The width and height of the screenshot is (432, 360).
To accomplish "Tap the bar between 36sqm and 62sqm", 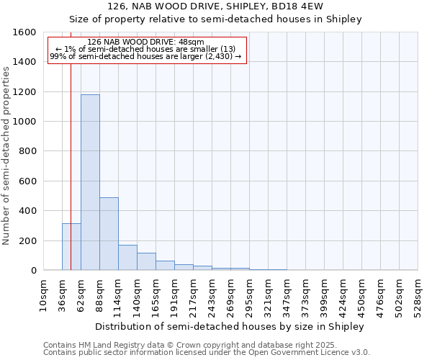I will pos(71,246).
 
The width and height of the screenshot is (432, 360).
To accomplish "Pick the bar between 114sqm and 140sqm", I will pos(127,257).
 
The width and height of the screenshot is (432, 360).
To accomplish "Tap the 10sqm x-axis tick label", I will pos(44,295).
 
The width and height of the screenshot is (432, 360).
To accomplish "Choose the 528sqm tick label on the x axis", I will pos(418,295).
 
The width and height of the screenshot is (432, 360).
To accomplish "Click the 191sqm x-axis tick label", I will pos(175,295).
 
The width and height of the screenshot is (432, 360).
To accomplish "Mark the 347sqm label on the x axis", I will pos(287,295).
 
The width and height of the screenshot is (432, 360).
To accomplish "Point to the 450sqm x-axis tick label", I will pos(362,295).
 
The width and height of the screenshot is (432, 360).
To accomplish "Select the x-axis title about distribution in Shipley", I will pos(230,326).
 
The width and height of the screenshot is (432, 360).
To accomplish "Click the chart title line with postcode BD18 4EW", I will pos(215,6).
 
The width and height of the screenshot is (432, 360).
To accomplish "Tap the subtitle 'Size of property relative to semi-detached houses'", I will pos(215,19).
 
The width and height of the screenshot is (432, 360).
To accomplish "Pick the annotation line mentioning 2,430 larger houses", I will pos(145,56).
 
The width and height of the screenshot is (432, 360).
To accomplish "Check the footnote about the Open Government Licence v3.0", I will pos(207,352).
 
